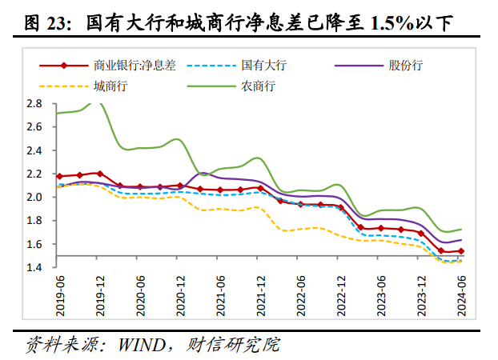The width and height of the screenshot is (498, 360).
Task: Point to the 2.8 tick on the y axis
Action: (34, 103)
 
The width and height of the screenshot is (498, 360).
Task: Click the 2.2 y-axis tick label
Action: (34, 174)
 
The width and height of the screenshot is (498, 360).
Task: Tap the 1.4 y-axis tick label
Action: (34, 267)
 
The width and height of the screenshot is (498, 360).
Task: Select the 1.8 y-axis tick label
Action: (34, 221)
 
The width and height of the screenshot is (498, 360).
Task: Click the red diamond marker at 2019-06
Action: (59, 176)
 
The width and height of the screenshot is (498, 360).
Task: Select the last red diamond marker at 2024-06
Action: (461, 251)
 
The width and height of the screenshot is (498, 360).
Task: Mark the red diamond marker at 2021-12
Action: (259, 188)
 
